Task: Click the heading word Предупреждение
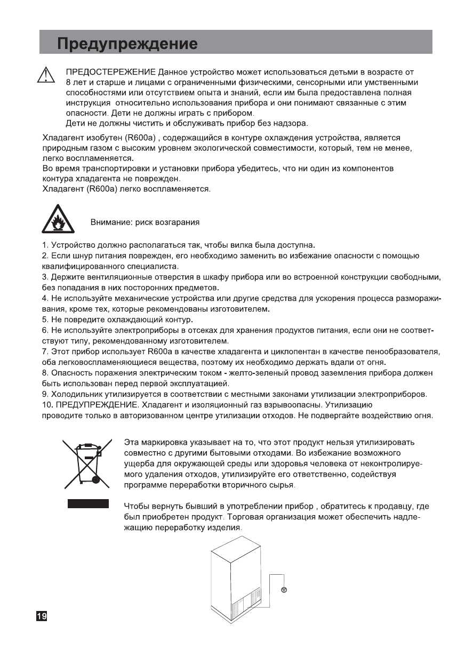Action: pos(127,42)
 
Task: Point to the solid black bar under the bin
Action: pos(88,504)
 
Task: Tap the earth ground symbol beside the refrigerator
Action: pos(284,590)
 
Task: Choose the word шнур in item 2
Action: pos(76,256)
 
